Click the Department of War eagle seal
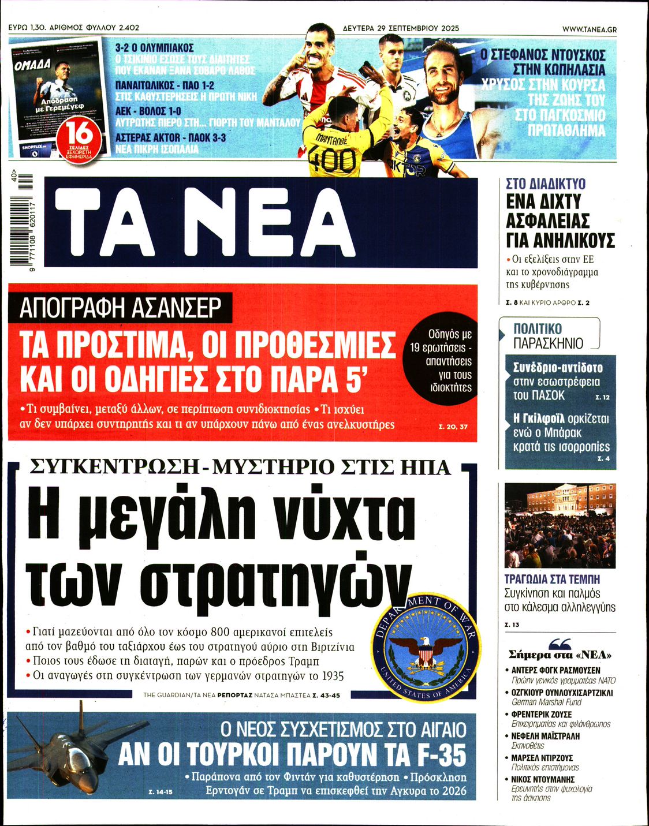tap(426, 648)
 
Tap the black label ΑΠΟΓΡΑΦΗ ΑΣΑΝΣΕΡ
tap(121, 308)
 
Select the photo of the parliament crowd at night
tap(560, 525)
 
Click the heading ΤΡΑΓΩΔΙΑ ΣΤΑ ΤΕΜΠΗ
tap(552, 578)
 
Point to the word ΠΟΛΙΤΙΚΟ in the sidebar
tap(538, 329)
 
